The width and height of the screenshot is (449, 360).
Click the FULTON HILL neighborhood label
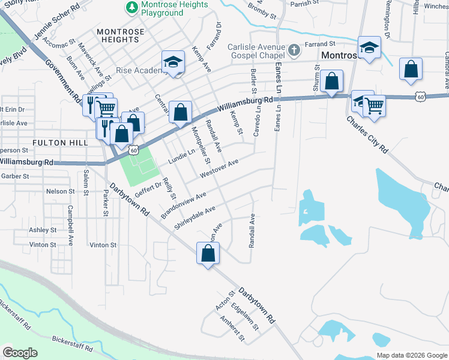(60, 143)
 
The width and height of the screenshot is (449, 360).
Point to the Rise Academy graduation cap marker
(173, 62)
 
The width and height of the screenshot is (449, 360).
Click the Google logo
(20, 353)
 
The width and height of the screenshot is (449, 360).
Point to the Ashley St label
(43, 230)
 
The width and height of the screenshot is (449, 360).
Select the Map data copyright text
(411, 355)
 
